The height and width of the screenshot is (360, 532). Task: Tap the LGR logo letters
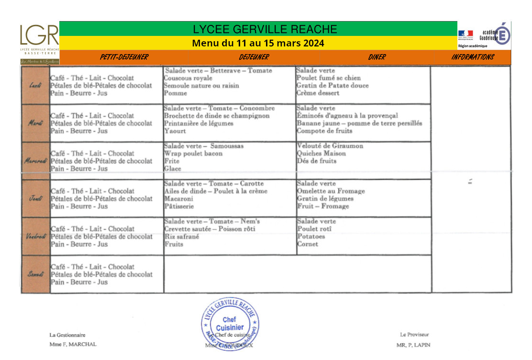coord(39,35)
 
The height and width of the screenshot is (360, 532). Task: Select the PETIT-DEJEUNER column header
coord(124,57)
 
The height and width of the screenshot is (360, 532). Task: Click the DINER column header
coord(377,57)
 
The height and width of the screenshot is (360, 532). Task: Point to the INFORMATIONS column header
coord(472,57)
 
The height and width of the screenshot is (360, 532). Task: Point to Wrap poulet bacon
coord(193,154)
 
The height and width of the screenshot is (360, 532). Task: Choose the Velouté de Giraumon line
coord(330,146)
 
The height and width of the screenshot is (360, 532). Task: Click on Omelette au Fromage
coord(331,191)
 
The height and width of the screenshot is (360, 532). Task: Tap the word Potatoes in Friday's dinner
coord(310,236)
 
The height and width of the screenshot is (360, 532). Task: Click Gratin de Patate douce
coord(332,86)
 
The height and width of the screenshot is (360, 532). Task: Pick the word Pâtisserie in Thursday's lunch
coord(179,206)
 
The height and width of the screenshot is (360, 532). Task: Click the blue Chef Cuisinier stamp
coord(230,324)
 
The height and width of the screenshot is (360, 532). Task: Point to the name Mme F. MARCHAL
coord(73,344)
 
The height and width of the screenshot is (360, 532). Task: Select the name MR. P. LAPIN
coord(413,345)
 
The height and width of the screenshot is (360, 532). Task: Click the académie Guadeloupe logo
coord(484,34)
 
